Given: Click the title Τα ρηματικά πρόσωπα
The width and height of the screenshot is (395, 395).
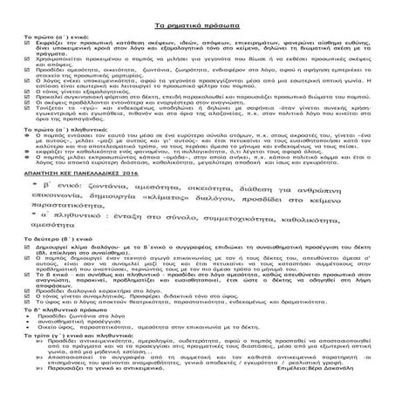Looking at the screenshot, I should coord(196,8).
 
